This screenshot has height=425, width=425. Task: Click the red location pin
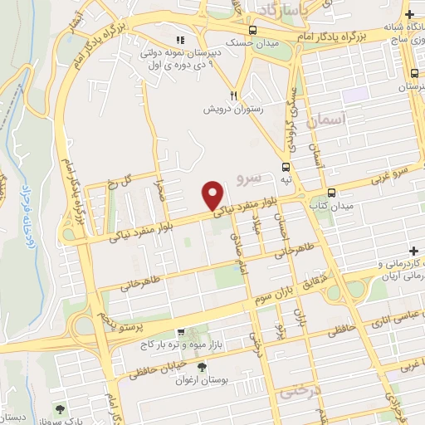point(213,194)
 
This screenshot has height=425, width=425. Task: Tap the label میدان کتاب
point(338,204)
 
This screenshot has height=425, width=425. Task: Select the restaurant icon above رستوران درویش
point(235,96)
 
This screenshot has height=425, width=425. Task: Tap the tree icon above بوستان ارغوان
point(203,366)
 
